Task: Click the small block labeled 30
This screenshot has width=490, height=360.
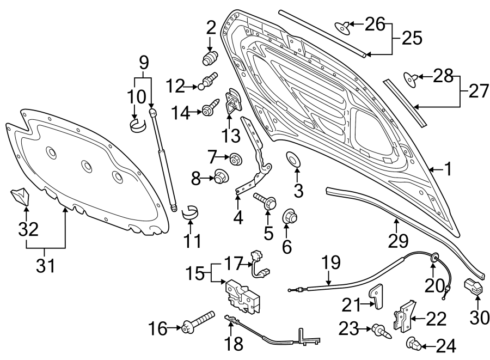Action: (x=473, y=287)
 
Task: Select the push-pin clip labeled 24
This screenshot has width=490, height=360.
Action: (x=414, y=344)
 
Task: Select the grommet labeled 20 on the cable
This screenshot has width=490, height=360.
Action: (x=434, y=257)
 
